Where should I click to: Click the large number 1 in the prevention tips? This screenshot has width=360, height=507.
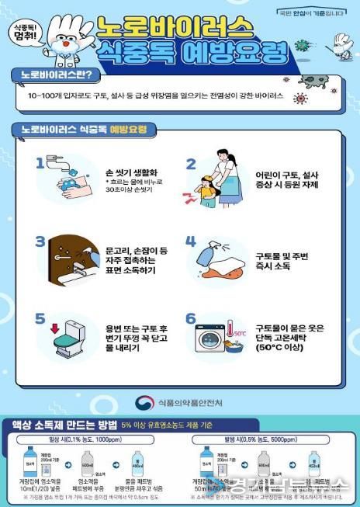(x=41, y=165)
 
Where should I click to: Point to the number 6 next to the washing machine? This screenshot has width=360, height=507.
(x=191, y=319)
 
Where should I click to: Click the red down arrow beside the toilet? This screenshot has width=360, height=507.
(x=56, y=323)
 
